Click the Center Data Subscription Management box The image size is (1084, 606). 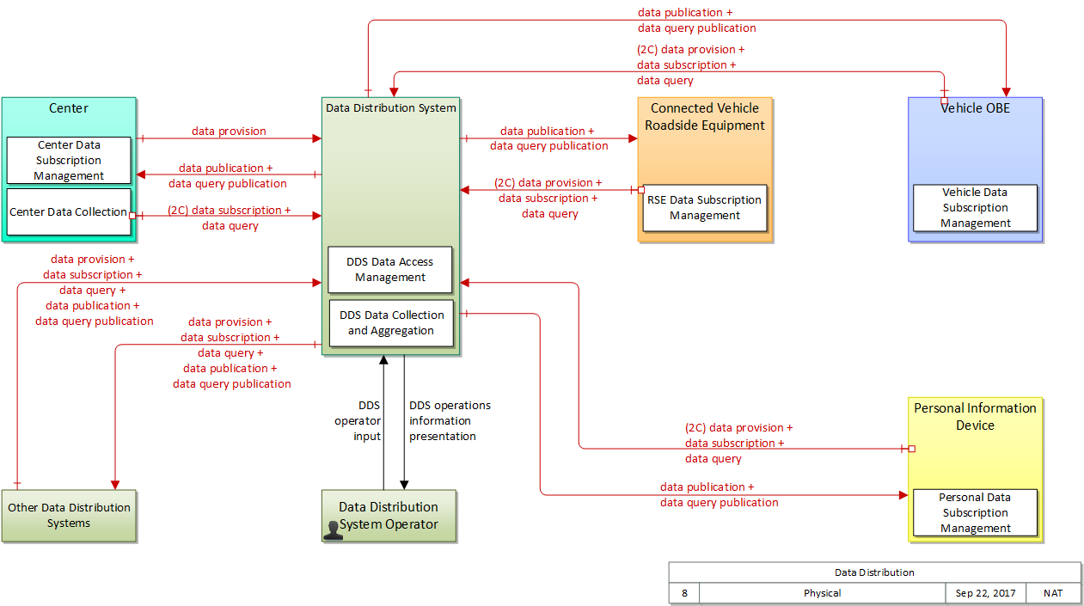[69, 160]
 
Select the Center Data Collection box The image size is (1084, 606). [69, 212]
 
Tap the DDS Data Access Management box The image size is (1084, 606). [390, 270]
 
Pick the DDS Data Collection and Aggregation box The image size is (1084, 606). [391, 323]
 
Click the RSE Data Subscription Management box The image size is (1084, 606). [705, 208]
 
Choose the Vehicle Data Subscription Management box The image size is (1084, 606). [975, 208]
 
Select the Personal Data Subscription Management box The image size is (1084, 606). [975, 512]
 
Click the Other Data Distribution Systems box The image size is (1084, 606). [69, 516]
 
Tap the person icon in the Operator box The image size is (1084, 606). [333, 530]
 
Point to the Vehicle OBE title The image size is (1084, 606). [975, 108]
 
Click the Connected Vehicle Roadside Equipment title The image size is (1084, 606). [705, 117]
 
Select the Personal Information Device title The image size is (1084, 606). [975, 417]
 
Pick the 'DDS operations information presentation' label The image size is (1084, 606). [450, 421]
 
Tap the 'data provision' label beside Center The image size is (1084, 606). [229, 132]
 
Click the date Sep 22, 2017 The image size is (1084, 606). [985, 593]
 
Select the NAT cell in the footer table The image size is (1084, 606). [1053, 593]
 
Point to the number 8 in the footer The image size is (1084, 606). [684, 593]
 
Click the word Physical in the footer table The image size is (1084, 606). [822, 593]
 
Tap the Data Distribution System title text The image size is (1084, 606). [391, 108]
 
